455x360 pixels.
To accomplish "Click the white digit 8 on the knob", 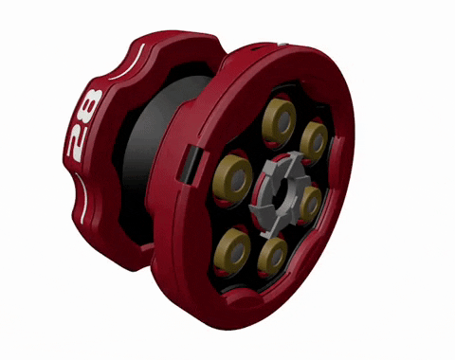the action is click(91, 105).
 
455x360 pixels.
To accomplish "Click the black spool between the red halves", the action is click(152, 142).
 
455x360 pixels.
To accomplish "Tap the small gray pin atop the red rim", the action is click(283, 43).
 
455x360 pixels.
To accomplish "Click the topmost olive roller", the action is click(279, 120).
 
